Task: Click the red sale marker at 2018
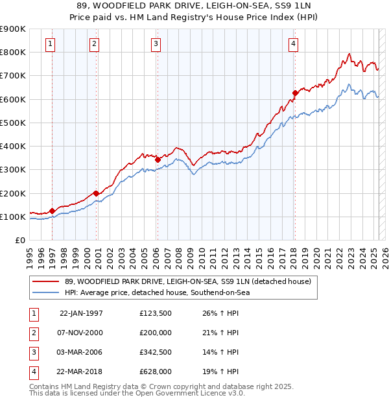[295, 93]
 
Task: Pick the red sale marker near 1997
[53, 211]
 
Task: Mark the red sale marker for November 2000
[96, 193]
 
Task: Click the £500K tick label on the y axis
[13, 123]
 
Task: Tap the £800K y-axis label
[13, 52]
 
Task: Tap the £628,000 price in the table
[156, 372]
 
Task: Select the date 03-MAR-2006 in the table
[81, 352]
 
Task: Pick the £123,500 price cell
[156, 313]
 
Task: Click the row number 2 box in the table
[33, 333]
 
